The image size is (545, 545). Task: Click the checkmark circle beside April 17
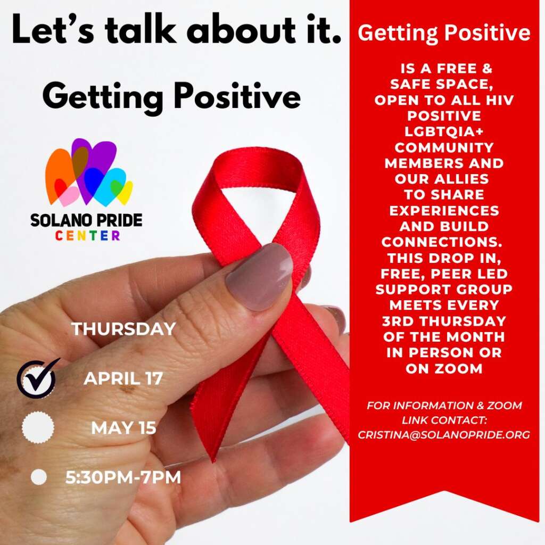tap(36, 379)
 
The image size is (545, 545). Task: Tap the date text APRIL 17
tap(123, 378)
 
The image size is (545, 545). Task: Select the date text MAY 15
tap(123, 428)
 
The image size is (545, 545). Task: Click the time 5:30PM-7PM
tap(123, 477)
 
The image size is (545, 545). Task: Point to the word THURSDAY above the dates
tap(123, 329)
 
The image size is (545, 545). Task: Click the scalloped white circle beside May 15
tap(38, 427)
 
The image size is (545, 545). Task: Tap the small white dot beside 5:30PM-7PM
tap(38, 477)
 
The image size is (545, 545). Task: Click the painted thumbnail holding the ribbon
tap(259, 276)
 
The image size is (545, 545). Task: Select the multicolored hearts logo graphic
tap(89, 172)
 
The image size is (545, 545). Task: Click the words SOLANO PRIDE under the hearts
tap(86, 220)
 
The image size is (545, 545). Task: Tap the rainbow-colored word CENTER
tap(88, 236)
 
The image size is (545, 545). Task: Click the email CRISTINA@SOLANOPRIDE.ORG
tap(444, 435)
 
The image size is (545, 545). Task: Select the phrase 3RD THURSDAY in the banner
tap(444, 321)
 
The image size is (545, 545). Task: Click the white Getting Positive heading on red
tap(444, 32)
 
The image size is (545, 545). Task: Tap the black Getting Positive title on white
tap(172, 97)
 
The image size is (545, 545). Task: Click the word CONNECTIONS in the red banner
tap(442, 242)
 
